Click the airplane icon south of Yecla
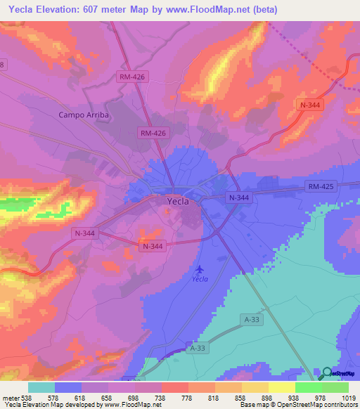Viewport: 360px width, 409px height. [x=200, y=268]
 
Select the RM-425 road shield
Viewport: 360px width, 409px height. [x=322, y=186]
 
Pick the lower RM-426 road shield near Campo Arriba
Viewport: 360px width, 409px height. [x=152, y=132]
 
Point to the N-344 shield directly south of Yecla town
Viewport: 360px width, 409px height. [x=153, y=246]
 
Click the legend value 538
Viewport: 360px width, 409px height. [x=27, y=398]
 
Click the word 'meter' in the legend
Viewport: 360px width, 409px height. [x=10, y=398]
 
